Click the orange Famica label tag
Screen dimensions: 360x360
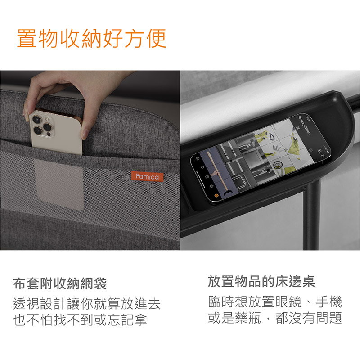148,176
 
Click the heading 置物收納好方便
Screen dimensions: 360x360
92,39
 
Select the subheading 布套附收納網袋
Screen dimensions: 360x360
60,283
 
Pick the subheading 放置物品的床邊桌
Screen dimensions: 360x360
261,281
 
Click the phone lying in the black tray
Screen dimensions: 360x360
261,158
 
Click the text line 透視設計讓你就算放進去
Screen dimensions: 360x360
87,303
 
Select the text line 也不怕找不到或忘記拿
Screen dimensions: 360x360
80,319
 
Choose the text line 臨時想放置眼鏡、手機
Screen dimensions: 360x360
275,301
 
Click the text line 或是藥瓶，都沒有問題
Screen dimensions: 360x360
275,318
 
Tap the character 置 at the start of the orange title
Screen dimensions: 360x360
27,39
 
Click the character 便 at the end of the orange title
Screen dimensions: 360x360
156,39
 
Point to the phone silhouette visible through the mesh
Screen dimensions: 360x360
59,184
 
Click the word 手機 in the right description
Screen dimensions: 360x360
329,301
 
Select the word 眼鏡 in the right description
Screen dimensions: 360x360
288,301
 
